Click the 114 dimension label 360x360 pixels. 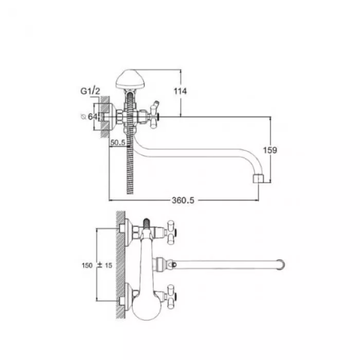180,91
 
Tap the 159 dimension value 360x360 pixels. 270,150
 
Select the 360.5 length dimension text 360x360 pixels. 183,200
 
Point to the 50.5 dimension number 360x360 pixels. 118,143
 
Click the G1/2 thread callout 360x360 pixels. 90,91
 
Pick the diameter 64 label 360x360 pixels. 90,117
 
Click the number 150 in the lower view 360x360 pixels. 87,265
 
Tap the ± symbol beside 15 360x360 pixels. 100,265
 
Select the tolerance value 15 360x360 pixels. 108,265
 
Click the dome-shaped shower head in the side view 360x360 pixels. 130,79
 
